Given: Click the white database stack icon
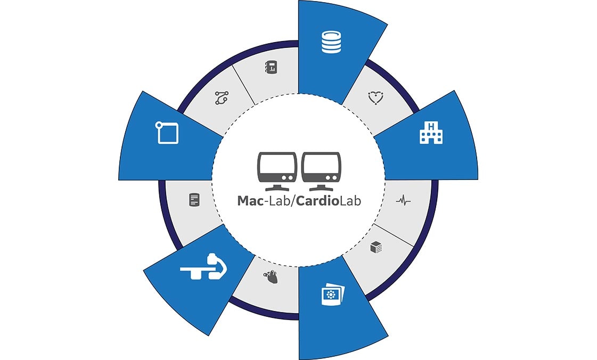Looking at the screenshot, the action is point(331,42).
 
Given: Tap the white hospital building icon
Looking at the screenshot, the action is point(431,133).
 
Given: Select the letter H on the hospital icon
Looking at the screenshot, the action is point(431,126).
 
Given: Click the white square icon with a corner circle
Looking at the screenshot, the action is point(167,133).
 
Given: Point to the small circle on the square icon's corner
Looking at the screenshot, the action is point(159,125).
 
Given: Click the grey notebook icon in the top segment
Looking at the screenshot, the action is point(271,67).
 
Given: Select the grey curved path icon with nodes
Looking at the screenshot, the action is point(222,98).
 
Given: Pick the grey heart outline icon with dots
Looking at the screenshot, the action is point(375,98).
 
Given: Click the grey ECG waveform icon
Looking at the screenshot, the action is point(403,200).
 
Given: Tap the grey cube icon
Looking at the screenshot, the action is point(376,247).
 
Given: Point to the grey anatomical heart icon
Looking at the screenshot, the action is point(271,277).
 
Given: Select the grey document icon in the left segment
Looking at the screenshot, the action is point(194,200).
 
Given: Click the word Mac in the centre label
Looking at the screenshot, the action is point(250,201).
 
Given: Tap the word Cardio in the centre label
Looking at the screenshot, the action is point(317,201).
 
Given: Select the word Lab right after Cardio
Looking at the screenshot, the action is point(350,201).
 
